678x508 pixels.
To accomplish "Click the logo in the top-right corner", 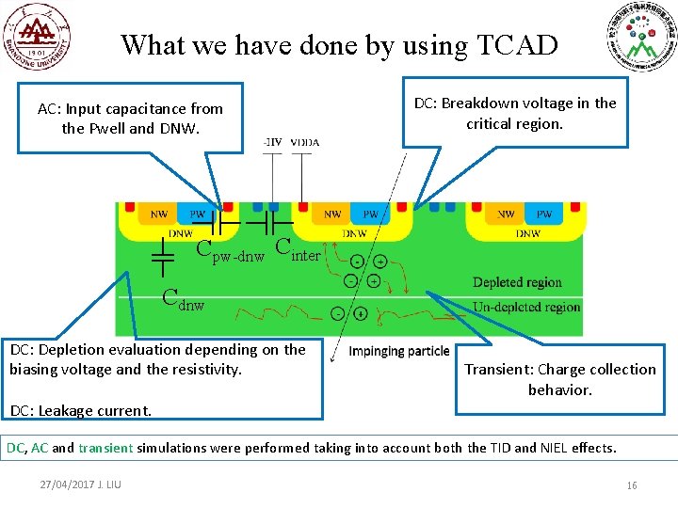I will tap(641, 39).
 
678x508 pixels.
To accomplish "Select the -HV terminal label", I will tap(271, 142).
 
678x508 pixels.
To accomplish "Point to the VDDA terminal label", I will tap(305, 142).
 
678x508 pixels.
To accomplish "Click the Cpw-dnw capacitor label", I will tap(230, 251).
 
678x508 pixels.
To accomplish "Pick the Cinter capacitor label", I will tap(299, 249).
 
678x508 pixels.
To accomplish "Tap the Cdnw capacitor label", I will tap(183, 300).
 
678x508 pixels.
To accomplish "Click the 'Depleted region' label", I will tap(517, 282).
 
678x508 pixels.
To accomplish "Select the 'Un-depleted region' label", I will tap(526, 307).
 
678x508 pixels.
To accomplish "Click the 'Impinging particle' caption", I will tap(399, 351).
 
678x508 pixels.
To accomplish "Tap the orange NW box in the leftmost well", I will tap(160, 214).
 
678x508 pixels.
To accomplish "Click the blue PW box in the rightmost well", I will tap(544, 214).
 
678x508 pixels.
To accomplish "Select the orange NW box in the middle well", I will tap(331, 214).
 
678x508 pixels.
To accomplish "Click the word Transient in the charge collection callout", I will tap(495, 369).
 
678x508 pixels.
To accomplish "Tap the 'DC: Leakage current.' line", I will tap(80, 410).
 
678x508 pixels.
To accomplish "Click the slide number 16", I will tap(632, 484).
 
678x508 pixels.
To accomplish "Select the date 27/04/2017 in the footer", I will tap(66, 484).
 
